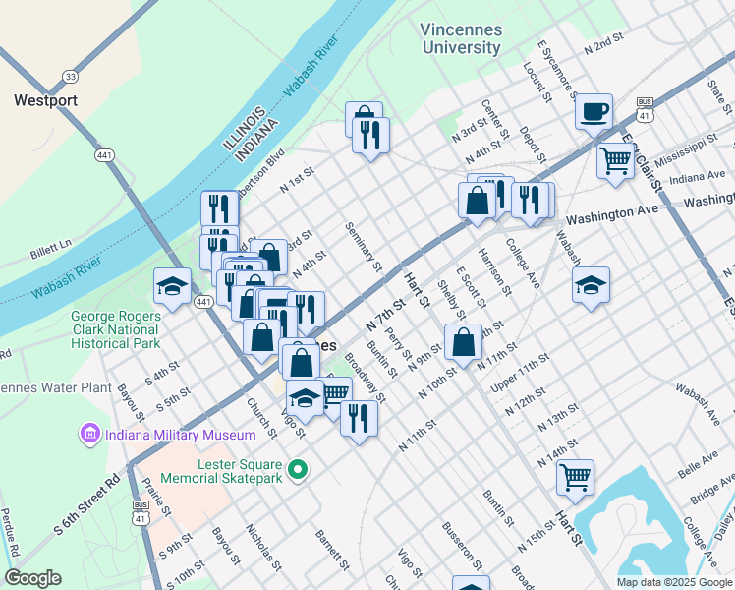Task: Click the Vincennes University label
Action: tap(461, 38)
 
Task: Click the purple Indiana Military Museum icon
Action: tap(90, 434)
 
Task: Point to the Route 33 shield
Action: tap(69, 77)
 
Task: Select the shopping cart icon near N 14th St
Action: tap(575, 478)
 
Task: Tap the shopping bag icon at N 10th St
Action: tap(462, 342)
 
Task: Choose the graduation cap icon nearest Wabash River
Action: tap(172, 287)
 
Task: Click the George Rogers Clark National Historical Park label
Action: tap(115, 330)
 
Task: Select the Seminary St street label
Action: tap(363, 246)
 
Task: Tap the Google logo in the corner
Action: tap(32, 577)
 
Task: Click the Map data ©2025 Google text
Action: tap(673, 582)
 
